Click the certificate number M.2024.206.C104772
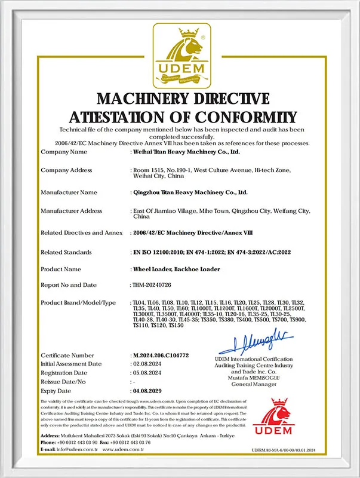point(160,356)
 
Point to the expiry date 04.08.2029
point(149,390)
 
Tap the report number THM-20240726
point(152,285)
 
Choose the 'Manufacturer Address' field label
point(71,210)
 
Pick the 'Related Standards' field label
point(66,252)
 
